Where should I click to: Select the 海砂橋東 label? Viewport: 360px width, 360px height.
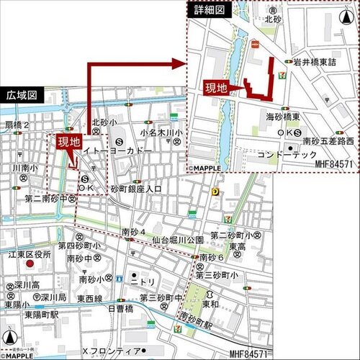point(283,117)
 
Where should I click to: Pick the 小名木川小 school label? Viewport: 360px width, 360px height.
point(161,132)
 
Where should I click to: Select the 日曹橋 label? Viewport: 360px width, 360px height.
point(119,308)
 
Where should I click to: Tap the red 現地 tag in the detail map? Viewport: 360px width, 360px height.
point(216,89)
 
